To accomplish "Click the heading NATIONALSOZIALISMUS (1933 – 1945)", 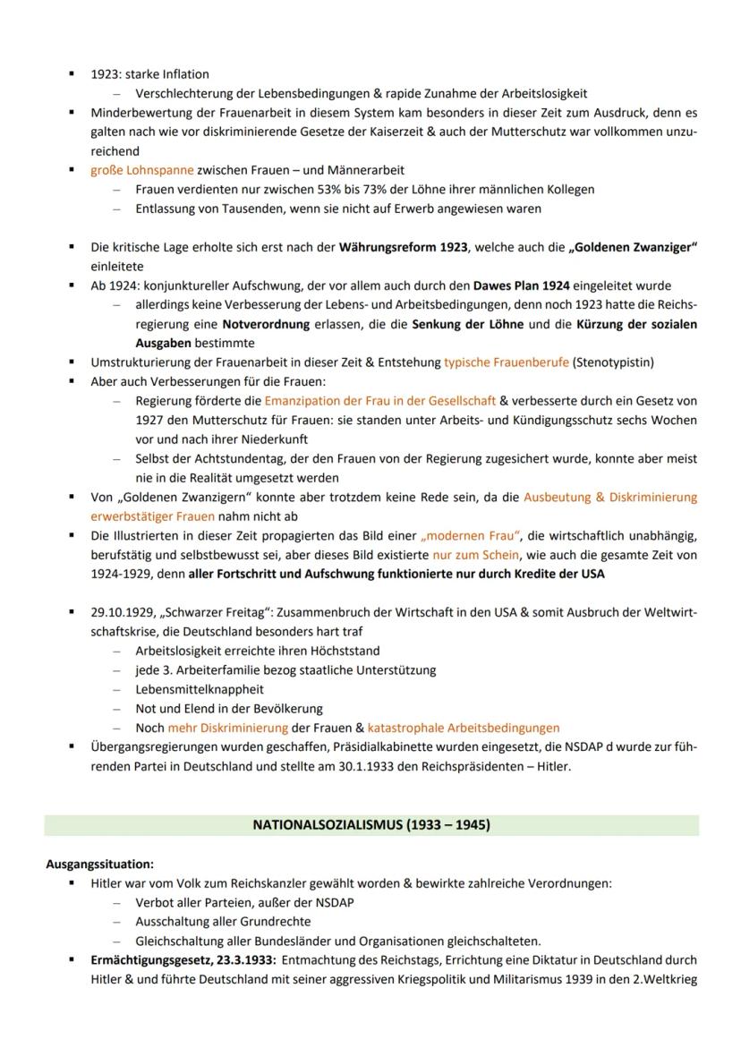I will [371, 825].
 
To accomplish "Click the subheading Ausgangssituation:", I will [99, 865].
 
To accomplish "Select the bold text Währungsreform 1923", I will [404, 247].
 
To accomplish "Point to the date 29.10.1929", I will [121, 612].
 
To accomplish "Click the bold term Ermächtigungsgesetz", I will [149, 959].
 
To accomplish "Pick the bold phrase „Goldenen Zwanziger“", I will [633, 247].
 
